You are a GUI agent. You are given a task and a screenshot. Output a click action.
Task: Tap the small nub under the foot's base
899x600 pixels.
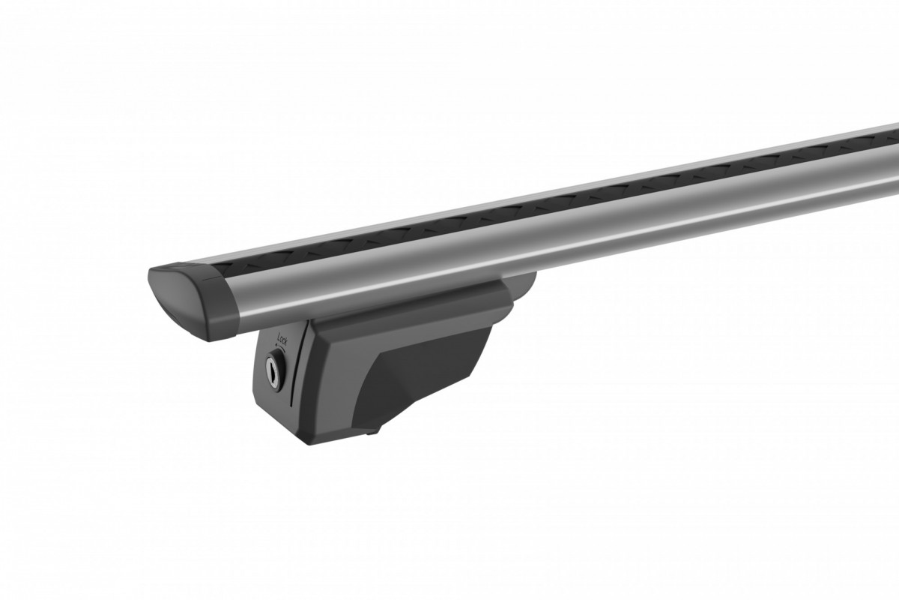[373, 431]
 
